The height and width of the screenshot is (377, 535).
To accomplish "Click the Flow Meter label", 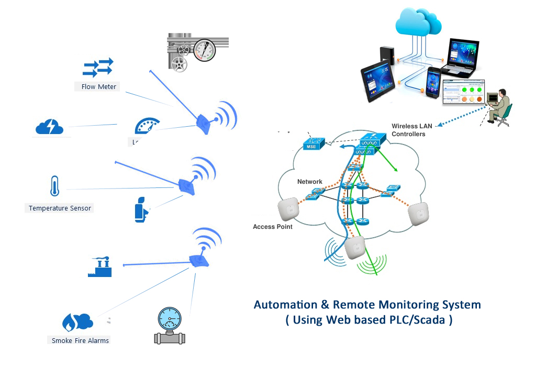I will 99,86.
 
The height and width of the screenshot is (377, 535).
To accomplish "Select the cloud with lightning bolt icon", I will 49,127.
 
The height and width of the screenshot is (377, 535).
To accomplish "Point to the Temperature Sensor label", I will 60,208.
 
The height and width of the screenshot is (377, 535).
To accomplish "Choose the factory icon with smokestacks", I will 99,267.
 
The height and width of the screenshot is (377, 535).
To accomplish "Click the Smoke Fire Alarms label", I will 80,340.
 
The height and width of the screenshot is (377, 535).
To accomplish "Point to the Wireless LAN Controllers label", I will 413,130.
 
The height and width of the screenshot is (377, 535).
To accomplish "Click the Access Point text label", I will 272,227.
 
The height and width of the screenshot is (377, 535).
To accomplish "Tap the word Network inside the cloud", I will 310,182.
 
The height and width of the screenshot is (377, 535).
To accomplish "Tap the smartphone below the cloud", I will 434,83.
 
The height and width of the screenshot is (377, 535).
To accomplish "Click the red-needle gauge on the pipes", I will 204,50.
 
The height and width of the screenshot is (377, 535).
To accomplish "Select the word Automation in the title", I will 285,304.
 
